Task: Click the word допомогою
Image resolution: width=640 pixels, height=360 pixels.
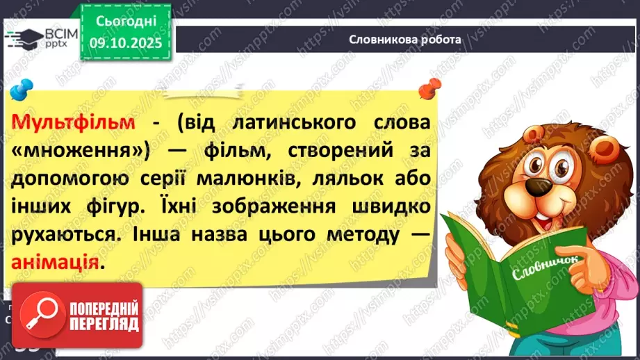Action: [69, 179]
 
